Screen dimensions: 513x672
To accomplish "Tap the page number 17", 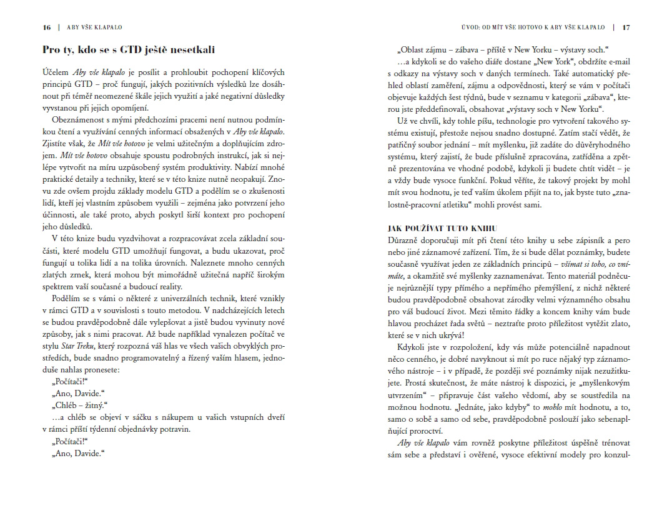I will (626, 27).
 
